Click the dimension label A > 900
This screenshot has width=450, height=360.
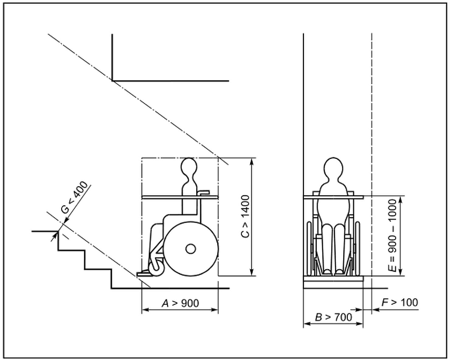point(180,303)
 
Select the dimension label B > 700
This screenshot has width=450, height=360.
point(333,317)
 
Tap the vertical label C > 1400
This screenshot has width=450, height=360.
point(246,216)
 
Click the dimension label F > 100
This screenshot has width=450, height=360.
point(400,302)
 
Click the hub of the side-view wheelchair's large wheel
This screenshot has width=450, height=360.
point(191,249)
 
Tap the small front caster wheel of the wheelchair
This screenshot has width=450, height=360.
point(157,268)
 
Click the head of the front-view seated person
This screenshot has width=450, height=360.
point(333,168)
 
